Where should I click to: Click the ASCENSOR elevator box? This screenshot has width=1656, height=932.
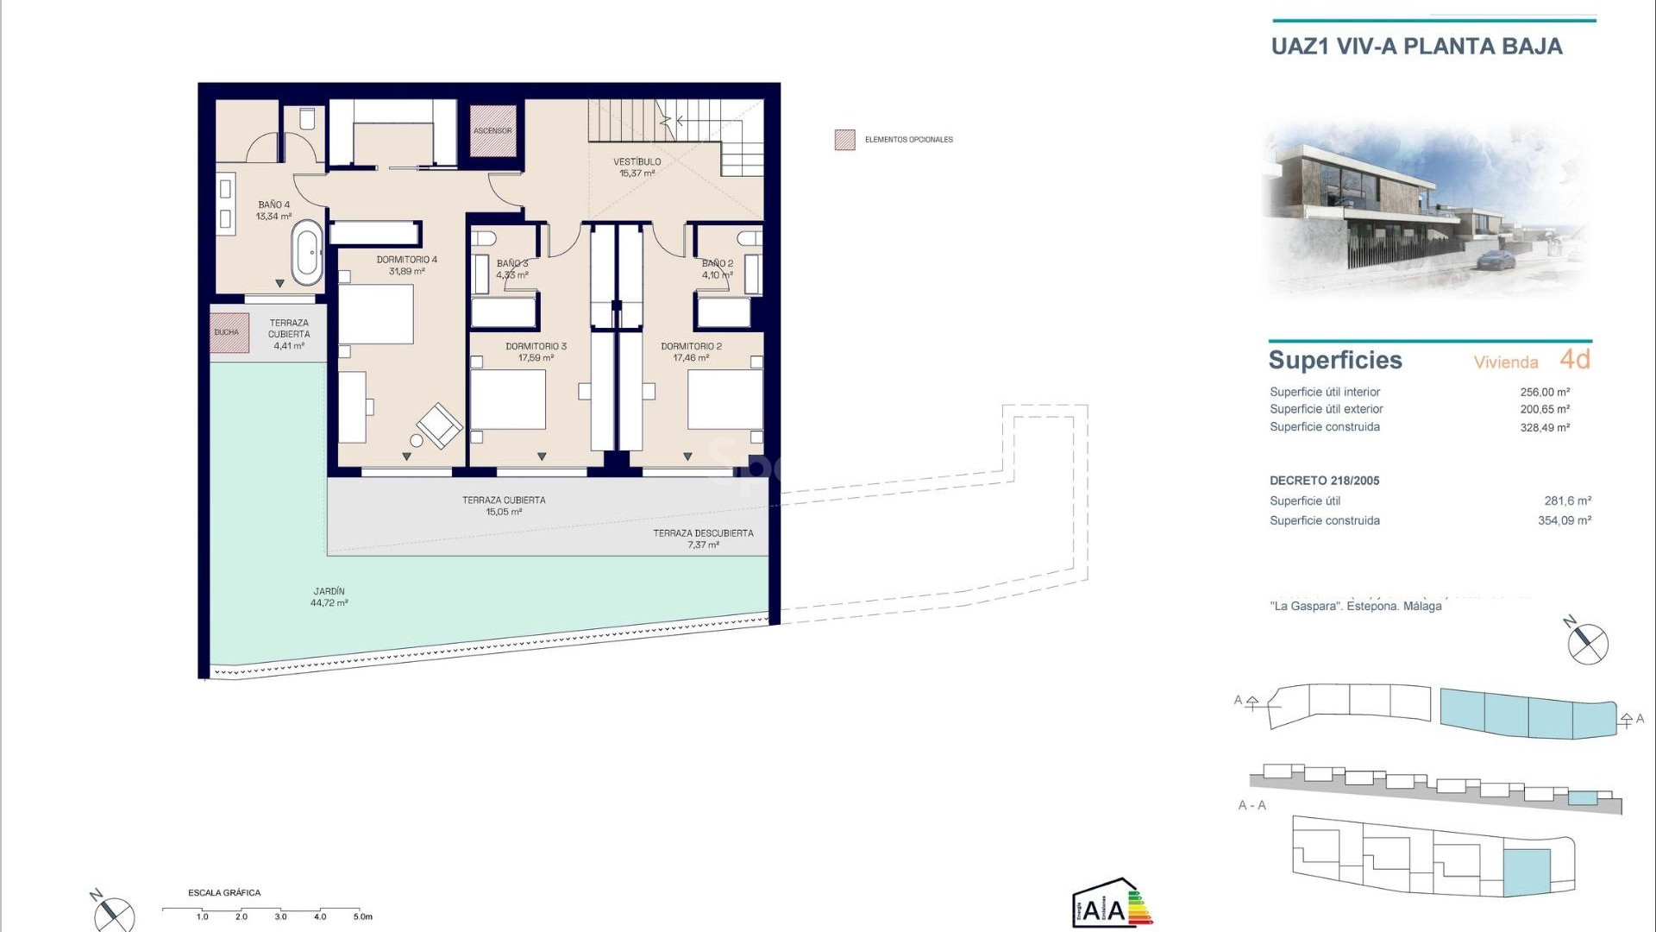(492, 131)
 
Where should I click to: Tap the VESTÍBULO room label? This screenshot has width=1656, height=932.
(637, 162)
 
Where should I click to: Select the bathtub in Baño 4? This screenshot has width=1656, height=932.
(307, 253)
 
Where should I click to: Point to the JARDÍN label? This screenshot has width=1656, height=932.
(329, 592)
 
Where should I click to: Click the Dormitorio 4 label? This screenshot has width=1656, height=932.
(406, 260)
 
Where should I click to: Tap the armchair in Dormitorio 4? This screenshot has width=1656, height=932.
(439, 425)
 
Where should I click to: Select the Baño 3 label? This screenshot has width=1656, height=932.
(511, 264)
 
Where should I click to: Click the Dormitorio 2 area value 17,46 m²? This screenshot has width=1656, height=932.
(691, 358)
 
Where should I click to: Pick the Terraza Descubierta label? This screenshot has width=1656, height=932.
(703, 533)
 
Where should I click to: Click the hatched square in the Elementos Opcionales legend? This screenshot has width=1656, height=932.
(844, 140)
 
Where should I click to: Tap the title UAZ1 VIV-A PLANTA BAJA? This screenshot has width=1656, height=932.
(1416, 47)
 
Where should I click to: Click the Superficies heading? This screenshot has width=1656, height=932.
(1335, 360)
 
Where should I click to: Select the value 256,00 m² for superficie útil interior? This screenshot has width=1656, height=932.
(1545, 392)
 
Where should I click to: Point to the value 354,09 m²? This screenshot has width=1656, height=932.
(1565, 520)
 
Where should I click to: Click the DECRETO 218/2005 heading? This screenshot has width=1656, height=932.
(1324, 481)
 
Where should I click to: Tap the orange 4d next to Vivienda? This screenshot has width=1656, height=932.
(1575, 359)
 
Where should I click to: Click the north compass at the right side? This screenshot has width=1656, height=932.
(1587, 644)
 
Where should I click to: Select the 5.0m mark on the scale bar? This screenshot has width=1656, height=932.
(362, 916)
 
